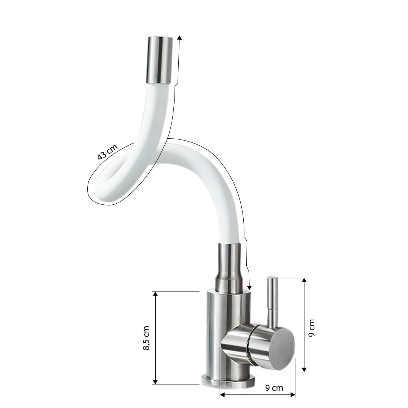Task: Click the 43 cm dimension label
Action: pyautogui.click(x=108, y=152)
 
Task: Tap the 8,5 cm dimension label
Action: pyautogui.click(x=147, y=338)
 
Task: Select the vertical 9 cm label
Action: pyautogui.click(x=311, y=328)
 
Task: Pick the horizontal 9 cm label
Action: pyautogui.click(x=274, y=388)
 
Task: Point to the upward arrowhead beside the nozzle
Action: pyautogui.click(x=179, y=38)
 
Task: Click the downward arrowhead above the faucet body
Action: pyautogui.click(x=249, y=287)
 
